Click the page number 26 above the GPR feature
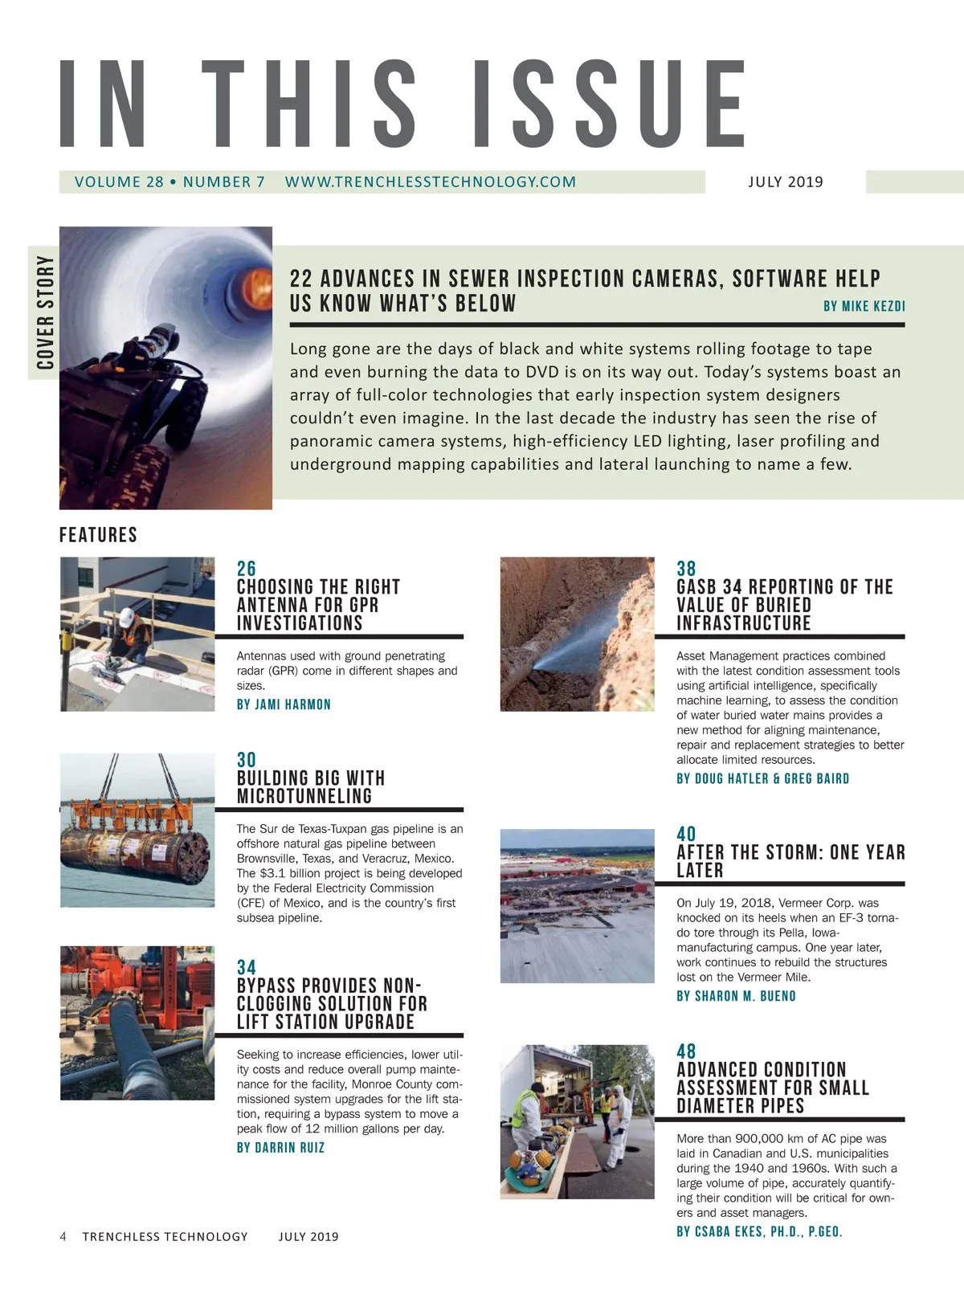(246, 569)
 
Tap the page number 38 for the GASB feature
(686, 569)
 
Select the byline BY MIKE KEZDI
(864, 306)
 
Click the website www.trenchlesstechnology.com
(430, 182)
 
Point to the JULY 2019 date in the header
(785, 182)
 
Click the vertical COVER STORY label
(45, 312)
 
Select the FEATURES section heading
(98, 535)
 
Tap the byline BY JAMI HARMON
(284, 704)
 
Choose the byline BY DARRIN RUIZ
(280, 1148)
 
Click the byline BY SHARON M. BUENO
(736, 996)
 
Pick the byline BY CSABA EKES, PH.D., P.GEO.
(759, 1231)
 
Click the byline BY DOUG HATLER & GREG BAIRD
(762, 778)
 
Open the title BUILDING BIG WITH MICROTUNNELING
(310, 787)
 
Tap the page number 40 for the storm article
(686, 834)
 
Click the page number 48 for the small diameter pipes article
(686, 1051)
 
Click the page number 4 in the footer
(63, 1236)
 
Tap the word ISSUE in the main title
(608, 104)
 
